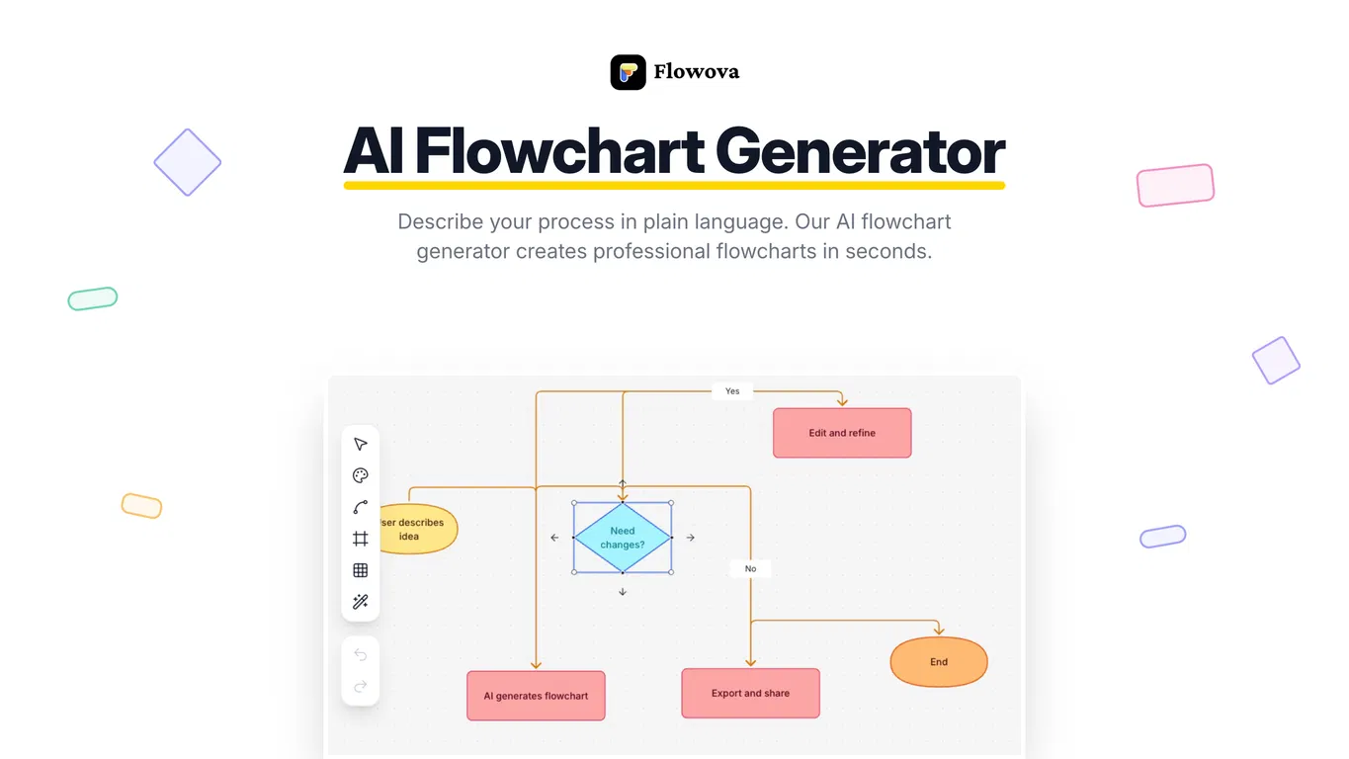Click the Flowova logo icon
[x=628, y=72]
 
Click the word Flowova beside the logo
[x=696, y=72]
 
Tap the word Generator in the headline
[x=860, y=151]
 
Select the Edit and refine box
[x=842, y=433]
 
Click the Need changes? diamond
[x=623, y=538]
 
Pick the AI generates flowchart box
[x=536, y=696]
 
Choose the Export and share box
[x=750, y=693]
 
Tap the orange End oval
[x=939, y=661]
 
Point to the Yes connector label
[x=732, y=391]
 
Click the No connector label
[x=750, y=568]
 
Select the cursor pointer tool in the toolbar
[x=360, y=444]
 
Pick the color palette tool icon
[x=360, y=475]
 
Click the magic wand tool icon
[x=360, y=601]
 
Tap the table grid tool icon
[x=360, y=570]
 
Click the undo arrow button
[x=360, y=654]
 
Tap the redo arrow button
[x=360, y=686]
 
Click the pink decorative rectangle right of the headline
[x=1176, y=185]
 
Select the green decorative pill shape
[x=93, y=298]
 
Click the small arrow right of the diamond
[x=690, y=538]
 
